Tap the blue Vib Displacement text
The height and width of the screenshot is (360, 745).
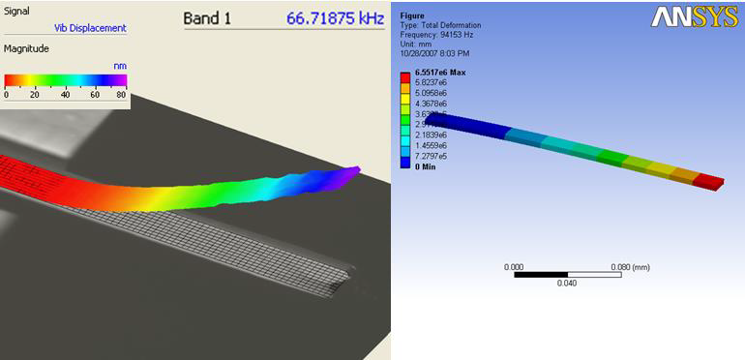click(90, 28)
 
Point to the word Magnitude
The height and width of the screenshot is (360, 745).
click(26, 47)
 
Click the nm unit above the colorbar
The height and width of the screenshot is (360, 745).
click(120, 66)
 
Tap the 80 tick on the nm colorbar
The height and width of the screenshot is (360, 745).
click(121, 95)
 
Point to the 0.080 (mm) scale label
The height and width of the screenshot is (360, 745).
click(629, 266)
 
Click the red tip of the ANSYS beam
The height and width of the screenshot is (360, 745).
click(709, 182)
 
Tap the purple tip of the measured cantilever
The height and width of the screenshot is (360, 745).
click(350, 173)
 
